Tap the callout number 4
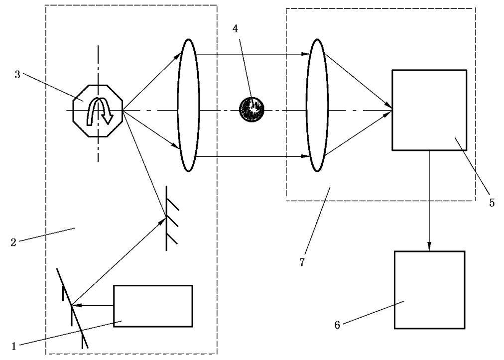click(236, 29)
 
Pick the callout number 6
click(338, 325)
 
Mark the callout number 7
click(302, 262)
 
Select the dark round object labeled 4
click(252, 109)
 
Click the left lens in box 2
click(188, 105)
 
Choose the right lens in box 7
click(317, 105)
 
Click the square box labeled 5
click(429, 110)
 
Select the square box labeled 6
click(429, 289)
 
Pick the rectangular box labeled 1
click(153, 306)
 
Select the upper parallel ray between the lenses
click(254, 53)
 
